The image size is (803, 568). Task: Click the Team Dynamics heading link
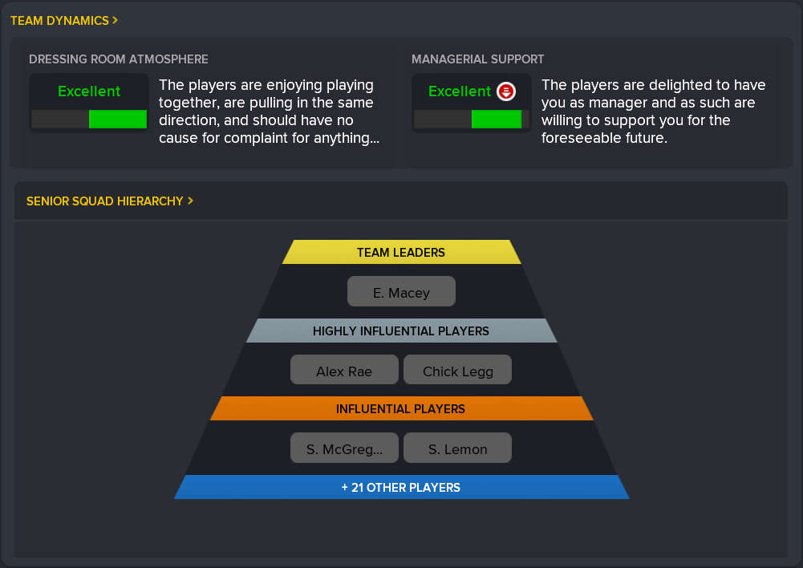(x=64, y=21)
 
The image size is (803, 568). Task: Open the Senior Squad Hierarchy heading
(x=110, y=201)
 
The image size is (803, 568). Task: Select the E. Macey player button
(x=401, y=291)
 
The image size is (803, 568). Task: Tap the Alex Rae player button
(x=344, y=370)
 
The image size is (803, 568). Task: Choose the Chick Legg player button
(x=458, y=370)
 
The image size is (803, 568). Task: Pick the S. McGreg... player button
(x=344, y=448)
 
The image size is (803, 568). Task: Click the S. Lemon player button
(x=458, y=448)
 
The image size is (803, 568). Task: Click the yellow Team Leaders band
(x=401, y=252)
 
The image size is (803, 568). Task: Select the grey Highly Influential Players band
(x=401, y=331)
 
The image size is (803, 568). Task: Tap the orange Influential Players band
(x=401, y=408)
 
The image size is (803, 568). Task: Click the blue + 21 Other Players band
(x=401, y=487)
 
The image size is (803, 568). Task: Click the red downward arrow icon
(x=506, y=91)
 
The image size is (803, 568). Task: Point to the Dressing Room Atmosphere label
(x=118, y=59)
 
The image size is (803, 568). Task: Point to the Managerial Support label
(x=478, y=59)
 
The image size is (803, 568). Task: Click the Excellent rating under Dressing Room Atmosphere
(x=89, y=91)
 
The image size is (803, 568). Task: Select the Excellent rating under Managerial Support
(x=460, y=91)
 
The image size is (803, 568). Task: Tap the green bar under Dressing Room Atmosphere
(x=118, y=120)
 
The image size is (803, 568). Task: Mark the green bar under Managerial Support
(x=497, y=120)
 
